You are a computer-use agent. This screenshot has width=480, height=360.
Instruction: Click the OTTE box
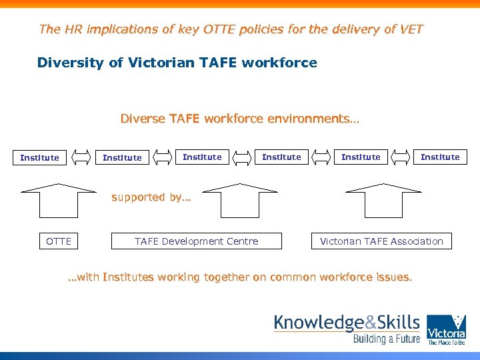click(x=59, y=241)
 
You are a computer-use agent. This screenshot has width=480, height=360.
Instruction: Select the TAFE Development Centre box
click(x=196, y=241)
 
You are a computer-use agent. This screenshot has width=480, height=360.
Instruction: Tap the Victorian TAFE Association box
click(x=381, y=241)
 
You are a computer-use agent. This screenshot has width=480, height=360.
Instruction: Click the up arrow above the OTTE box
click(x=59, y=201)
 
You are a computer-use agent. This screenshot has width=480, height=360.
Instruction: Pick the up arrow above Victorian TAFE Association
click(x=383, y=201)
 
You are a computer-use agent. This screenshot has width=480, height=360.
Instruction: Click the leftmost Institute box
click(x=39, y=158)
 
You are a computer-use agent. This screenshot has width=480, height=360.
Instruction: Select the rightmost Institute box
click(x=440, y=157)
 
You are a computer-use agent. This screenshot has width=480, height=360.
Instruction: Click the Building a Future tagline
click(x=387, y=339)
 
